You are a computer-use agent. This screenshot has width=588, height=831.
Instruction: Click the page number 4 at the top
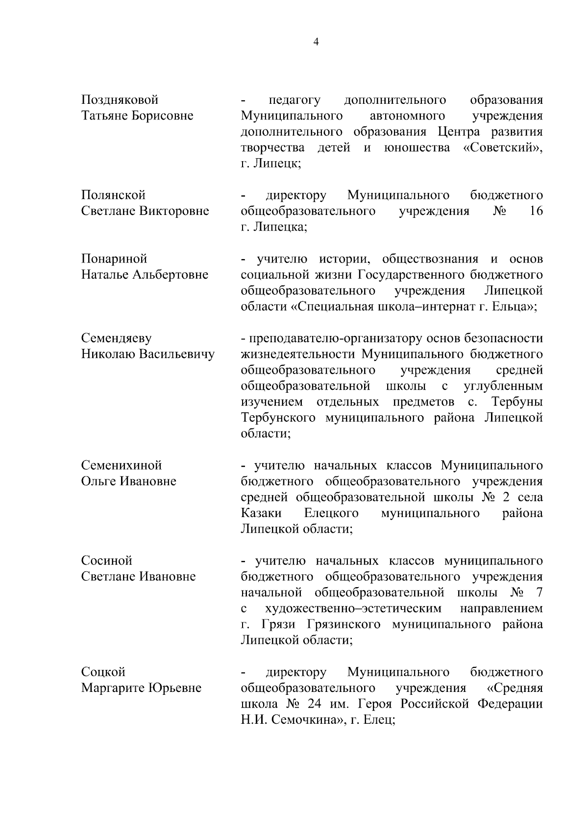[x=316, y=42]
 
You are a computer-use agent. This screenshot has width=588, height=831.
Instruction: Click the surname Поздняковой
[x=120, y=100]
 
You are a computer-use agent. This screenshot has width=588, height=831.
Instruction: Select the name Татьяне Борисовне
[x=137, y=116]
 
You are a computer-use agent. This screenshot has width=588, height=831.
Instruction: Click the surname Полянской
[x=113, y=195]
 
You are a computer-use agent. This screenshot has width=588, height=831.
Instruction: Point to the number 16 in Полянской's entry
[x=537, y=212]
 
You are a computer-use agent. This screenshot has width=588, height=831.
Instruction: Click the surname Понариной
[x=114, y=259]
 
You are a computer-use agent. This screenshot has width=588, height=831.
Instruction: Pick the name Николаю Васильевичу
[x=147, y=355]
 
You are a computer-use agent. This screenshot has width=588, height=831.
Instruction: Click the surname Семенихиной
[x=121, y=466]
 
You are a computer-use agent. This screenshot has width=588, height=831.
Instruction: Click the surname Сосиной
[x=107, y=561]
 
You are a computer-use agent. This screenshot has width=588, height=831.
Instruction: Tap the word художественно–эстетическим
[x=353, y=609]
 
